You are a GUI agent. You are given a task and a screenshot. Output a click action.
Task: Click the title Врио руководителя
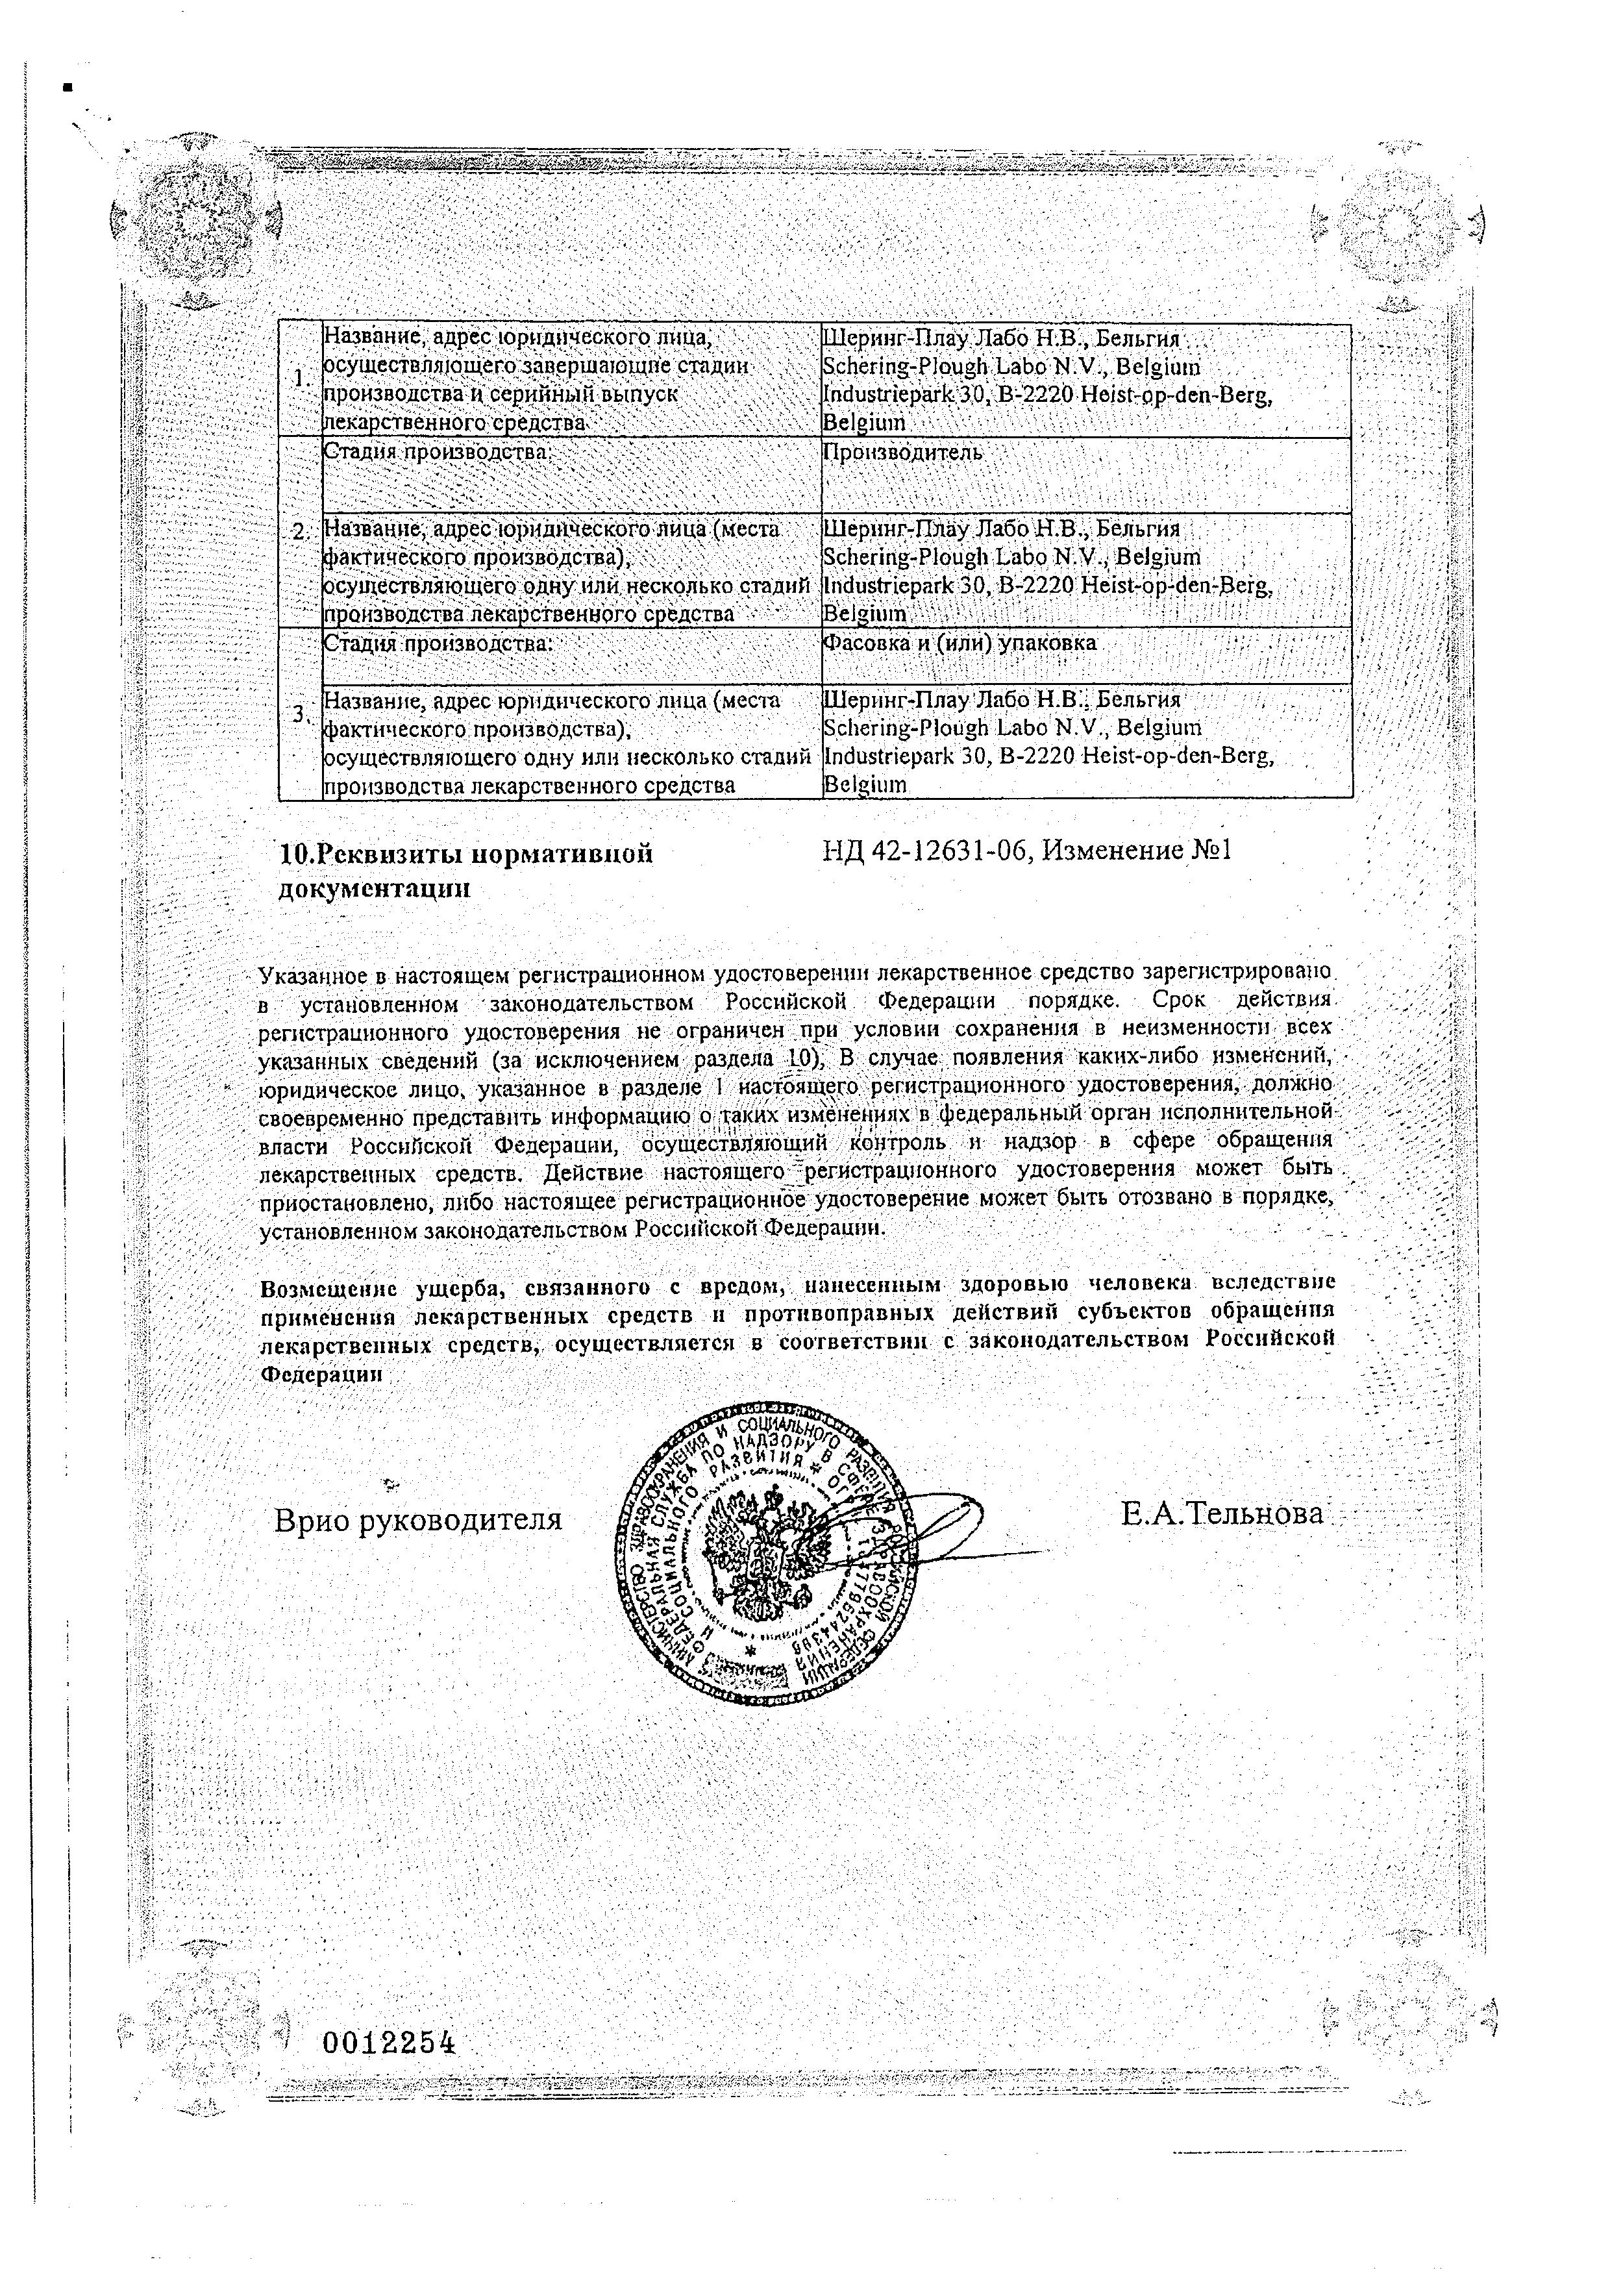click(417, 1519)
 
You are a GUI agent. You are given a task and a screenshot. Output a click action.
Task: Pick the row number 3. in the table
click(299, 712)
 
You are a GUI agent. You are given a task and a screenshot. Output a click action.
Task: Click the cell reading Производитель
click(902, 453)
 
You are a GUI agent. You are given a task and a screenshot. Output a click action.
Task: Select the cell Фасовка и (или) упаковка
click(960, 643)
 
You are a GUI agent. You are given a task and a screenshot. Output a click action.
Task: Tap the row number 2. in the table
click(299, 532)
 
